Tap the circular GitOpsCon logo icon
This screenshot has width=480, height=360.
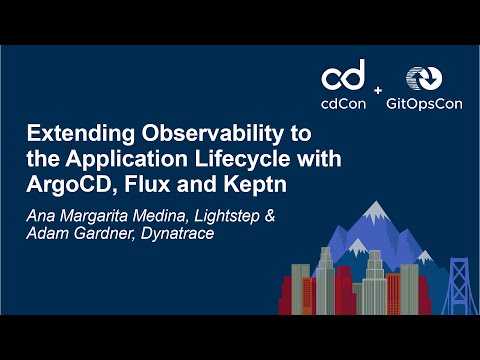(x=421, y=79)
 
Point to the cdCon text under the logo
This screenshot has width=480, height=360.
(x=343, y=102)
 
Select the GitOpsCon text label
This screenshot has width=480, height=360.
(x=421, y=102)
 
